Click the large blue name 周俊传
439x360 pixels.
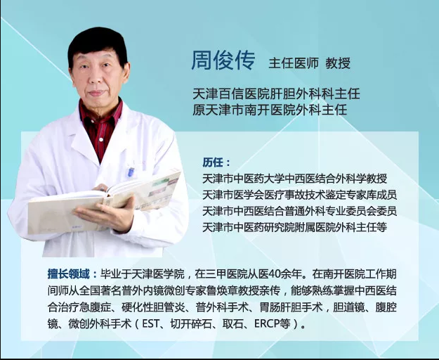[223, 60]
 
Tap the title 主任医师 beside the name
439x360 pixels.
[294, 63]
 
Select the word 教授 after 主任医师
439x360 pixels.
[338, 63]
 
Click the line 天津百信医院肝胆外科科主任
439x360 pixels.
[276, 94]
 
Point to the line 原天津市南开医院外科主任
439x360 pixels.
[270, 110]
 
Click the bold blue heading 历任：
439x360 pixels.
[216, 162]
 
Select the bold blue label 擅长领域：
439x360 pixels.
[72, 274]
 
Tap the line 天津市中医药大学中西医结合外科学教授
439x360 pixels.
[294, 179]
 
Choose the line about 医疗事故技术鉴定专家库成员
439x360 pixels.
[299, 195]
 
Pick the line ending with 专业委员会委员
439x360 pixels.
[299, 211]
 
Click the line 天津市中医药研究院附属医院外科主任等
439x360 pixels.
[294, 228]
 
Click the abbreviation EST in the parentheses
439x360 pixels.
[151, 324]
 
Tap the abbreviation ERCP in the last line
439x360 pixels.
[267, 324]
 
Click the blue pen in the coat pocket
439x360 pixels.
[131, 172]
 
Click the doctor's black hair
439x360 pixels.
[98, 45]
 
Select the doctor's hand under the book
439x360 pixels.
[106, 213]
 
